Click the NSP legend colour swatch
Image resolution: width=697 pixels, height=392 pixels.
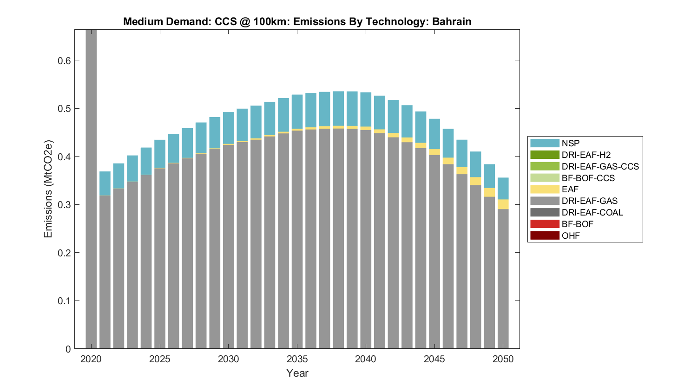click(545, 143)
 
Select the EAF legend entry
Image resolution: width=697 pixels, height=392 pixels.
click(570, 189)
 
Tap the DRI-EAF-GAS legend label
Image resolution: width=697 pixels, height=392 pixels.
click(590, 201)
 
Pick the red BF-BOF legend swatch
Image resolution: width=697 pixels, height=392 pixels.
click(545, 224)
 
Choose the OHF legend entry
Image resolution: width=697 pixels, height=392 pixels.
click(571, 236)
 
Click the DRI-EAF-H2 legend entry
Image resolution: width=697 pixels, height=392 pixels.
click(586, 155)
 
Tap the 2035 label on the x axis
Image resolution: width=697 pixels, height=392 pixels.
click(297, 359)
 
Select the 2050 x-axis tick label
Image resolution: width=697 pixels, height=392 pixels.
click(503, 359)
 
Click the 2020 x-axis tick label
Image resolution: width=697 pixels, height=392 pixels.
click(91, 359)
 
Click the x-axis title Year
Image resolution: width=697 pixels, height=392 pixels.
click(297, 373)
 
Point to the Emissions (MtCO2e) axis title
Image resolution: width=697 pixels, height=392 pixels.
click(48, 189)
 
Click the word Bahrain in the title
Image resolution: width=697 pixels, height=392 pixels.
click(452, 22)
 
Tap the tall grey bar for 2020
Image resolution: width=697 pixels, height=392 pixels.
click(91, 186)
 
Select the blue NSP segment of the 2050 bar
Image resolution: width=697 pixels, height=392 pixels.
click(503, 189)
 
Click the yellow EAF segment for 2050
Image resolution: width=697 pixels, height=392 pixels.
click(503, 204)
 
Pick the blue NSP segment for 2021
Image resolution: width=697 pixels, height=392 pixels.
click(105, 183)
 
